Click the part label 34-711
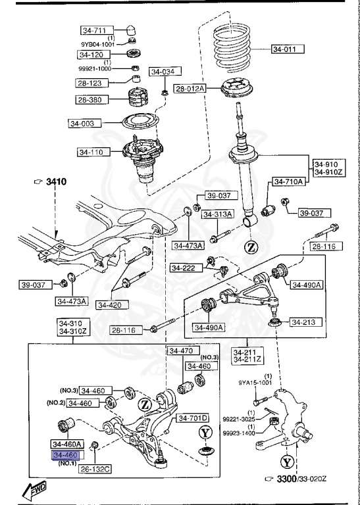[94, 30]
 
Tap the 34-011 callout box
[288, 48]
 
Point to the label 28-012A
[190, 88]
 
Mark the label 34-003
[84, 122]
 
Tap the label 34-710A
[288, 181]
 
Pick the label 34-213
[304, 323]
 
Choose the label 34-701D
[192, 418]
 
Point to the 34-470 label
[180, 351]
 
